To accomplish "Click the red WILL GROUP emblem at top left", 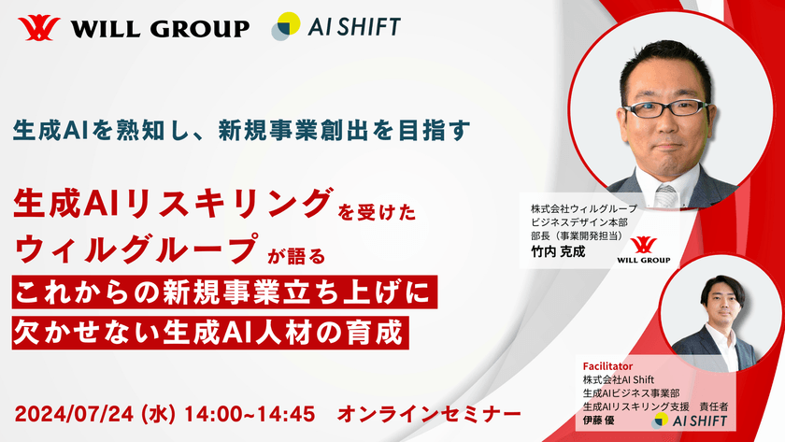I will tap(36, 28).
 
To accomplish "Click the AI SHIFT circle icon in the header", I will tap(286, 26).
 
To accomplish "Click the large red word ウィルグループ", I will tap(136, 250).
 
